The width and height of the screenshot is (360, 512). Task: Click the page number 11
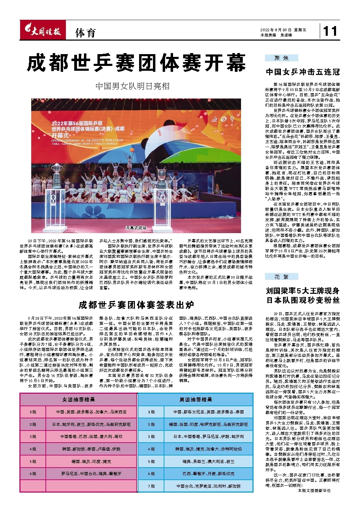click(x=330, y=32)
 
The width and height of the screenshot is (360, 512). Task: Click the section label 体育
click(x=85, y=33)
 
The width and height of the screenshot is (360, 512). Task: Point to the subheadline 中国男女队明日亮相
click(x=132, y=86)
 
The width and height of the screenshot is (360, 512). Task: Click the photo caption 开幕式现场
click(x=136, y=228)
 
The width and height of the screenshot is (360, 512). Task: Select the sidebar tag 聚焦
click(x=281, y=58)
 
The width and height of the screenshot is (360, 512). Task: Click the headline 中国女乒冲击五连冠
click(x=303, y=72)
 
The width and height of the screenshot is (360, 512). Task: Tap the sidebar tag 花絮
click(x=281, y=276)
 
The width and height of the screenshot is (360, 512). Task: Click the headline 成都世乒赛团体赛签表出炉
click(x=136, y=305)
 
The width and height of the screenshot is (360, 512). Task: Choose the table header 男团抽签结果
click(x=196, y=400)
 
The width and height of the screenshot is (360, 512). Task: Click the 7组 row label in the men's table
click(x=151, y=486)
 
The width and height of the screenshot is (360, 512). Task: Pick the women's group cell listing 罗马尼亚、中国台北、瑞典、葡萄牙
click(x=92, y=473)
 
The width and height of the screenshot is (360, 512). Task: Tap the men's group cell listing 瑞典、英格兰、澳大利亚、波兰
click(x=208, y=461)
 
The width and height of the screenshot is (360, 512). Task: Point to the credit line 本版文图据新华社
click(x=314, y=491)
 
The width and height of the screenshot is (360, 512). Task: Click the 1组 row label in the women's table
click(x=33, y=412)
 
